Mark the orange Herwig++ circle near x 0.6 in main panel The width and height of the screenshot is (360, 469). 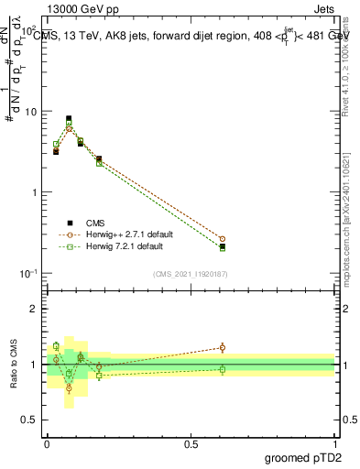222,239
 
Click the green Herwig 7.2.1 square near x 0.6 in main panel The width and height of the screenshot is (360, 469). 222,247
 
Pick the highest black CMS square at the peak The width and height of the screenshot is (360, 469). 69,118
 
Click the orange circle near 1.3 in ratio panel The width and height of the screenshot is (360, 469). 222,347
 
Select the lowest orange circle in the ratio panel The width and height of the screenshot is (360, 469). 69,388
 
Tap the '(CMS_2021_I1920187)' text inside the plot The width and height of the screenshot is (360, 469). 191,274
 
